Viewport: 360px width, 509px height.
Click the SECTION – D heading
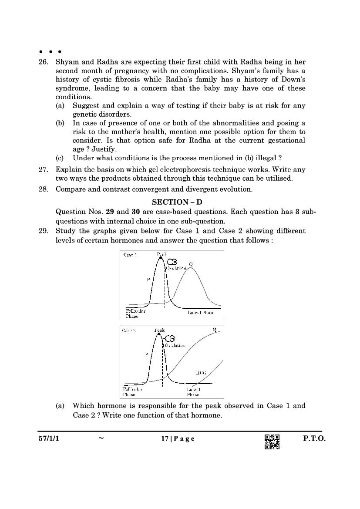[x=177, y=202]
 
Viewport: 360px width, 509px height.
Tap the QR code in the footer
[x=272, y=442]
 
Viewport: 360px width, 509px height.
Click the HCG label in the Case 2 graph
[x=201, y=373]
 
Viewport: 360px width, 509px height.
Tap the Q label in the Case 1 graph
[x=191, y=264]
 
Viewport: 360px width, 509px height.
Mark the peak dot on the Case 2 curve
[x=159, y=334]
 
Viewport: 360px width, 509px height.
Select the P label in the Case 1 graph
[x=148, y=280]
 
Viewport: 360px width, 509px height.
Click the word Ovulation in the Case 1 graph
[x=176, y=268]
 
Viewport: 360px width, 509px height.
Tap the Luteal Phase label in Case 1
[x=201, y=313]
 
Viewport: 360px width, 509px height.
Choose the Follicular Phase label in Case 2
[x=131, y=391]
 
